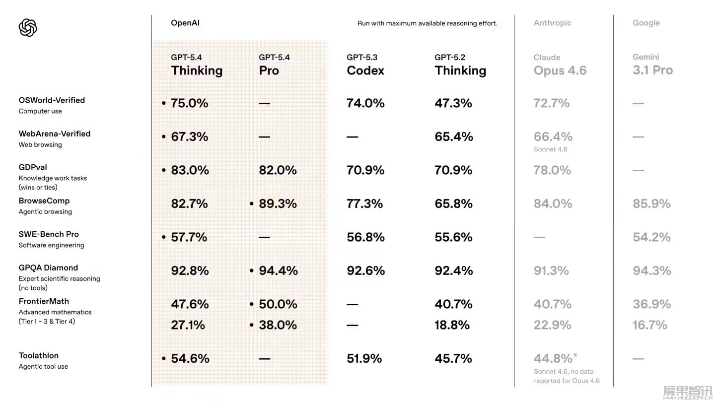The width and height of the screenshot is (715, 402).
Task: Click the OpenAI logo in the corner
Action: coord(28,28)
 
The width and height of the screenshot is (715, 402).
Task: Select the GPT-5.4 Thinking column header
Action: coord(197,66)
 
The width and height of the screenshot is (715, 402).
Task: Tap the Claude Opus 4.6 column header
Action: coord(560,66)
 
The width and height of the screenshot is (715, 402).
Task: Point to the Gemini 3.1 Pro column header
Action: coord(652,66)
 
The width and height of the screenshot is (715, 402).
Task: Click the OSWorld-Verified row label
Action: coord(52,100)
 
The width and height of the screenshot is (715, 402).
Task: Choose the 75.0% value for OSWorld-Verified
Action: coord(189,103)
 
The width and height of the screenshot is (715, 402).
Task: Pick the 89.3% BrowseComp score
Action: coord(278,204)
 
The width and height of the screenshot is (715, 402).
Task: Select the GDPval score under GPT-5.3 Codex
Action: coord(365,170)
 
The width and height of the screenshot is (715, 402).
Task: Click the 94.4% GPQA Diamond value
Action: coord(278,271)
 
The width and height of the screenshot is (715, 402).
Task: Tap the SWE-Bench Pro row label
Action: coord(49,234)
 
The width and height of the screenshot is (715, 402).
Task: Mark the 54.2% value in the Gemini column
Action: coord(651,237)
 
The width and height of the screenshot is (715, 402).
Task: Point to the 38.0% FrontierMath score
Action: coord(278,325)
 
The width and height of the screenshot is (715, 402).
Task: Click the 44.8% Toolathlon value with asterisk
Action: coord(555,358)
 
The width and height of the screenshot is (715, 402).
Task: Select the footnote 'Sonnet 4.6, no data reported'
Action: coord(567,376)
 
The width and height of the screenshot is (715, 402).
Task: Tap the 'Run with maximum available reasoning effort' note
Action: coord(427,23)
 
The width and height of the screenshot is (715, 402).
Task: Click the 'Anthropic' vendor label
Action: coord(552,23)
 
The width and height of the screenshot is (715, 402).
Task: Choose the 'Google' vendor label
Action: coord(646,23)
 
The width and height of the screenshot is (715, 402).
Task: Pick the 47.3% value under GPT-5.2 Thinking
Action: coord(453,103)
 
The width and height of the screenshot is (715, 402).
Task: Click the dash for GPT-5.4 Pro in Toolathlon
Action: coord(264,359)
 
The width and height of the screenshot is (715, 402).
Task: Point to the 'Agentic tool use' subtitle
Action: coord(43,367)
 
